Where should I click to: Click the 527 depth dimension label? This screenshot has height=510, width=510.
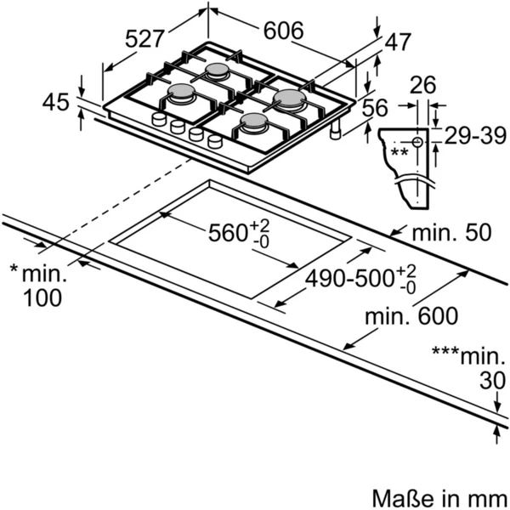144,39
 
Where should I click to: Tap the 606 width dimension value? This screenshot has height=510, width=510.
283,31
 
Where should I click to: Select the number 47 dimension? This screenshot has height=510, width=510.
398,42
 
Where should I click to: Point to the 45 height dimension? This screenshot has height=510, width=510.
55,102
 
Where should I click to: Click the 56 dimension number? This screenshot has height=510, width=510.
375,108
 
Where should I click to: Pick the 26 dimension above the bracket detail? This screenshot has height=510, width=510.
422,85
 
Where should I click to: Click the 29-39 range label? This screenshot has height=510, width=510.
475,136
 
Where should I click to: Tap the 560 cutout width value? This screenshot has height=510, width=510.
227,233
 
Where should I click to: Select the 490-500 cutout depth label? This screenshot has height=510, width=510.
349,279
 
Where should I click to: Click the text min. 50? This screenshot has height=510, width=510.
451,233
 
